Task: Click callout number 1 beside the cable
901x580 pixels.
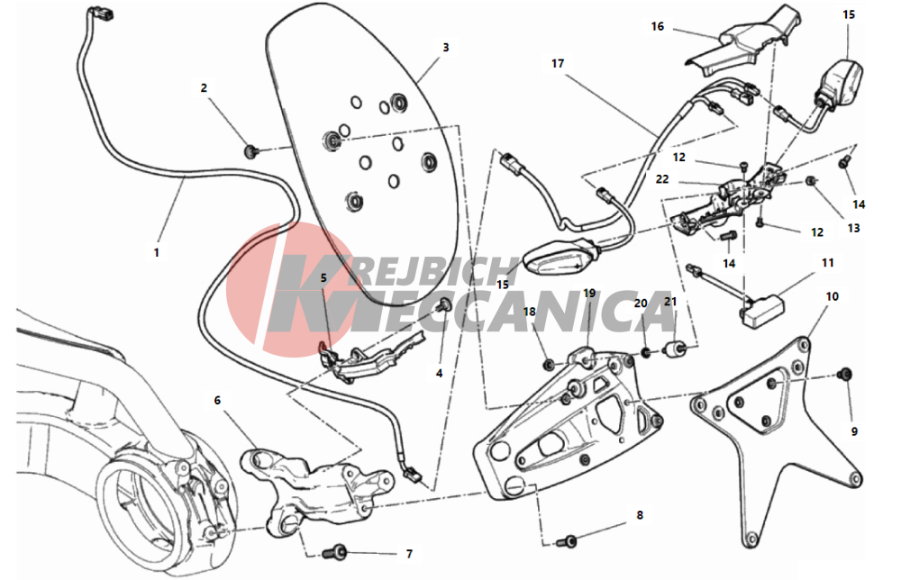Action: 156,253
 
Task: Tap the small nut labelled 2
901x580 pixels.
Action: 250,151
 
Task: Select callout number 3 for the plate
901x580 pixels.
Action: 446,48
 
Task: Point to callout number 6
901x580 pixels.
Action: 217,400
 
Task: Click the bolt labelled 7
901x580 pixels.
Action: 334,553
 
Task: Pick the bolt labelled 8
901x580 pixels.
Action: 567,541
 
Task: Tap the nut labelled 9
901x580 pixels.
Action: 844,375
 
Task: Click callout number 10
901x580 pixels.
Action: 832,297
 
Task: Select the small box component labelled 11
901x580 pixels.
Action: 762,311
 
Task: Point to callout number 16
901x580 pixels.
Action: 658,26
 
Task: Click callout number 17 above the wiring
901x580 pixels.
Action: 558,64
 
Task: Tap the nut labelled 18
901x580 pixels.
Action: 549,364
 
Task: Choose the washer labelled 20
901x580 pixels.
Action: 646,351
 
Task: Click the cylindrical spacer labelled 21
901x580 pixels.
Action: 673,349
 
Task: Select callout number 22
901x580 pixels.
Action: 662,179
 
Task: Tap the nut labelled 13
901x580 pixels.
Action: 809,181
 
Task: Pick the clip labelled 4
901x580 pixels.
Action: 445,305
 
